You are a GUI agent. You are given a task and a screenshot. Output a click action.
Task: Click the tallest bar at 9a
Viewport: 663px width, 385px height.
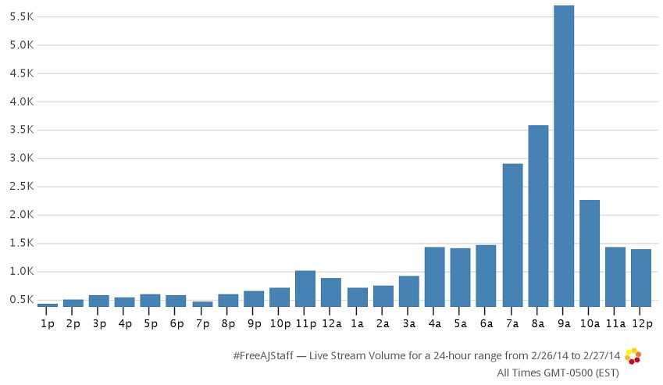tap(564, 156)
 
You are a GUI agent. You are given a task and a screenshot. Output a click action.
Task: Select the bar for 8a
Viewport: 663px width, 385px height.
tap(538, 216)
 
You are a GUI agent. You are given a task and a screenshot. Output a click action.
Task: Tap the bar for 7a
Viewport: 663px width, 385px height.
tap(512, 234)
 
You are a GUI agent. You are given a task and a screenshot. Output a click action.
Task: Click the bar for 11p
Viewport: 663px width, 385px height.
tap(305, 288)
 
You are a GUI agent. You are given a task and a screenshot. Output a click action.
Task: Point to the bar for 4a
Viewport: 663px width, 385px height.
tap(435, 276)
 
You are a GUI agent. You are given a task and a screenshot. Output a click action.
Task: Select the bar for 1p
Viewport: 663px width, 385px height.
tap(48, 305)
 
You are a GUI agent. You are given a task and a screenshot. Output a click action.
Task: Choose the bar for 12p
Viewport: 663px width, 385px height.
tap(641, 277)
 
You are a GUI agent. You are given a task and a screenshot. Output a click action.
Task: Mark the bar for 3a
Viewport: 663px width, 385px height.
tap(409, 291)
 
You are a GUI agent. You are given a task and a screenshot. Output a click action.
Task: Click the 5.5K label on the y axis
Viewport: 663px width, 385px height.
tap(21, 16)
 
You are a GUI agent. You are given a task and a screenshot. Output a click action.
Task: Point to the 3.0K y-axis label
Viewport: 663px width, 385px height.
tap(21, 159)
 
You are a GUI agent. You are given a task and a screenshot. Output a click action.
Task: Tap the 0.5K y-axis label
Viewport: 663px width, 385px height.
tap(21, 300)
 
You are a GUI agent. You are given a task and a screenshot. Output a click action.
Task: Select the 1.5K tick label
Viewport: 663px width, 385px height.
tap(21, 244)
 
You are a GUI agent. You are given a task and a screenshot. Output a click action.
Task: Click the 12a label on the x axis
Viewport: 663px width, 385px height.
tap(331, 322)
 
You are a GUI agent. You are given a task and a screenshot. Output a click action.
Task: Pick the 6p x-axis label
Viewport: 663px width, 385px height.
tap(176, 322)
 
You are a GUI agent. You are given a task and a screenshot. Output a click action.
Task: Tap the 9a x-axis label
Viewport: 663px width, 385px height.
tap(564, 322)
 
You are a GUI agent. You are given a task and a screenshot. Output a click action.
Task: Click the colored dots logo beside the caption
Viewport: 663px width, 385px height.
tap(633, 356)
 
